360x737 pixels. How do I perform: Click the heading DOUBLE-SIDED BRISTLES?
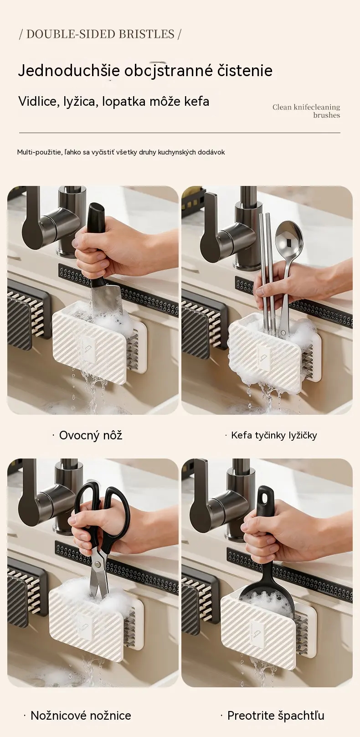tap(100, 34)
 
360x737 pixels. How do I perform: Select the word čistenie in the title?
tap(245, 71)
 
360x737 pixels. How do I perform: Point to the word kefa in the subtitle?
tap(197, 101)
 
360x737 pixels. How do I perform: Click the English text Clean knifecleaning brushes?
tap(306, 111)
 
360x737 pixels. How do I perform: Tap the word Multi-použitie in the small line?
tap(39, 152)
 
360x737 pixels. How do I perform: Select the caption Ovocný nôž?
tap(91, 435)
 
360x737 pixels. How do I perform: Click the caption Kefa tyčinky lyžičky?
tap(274, 435)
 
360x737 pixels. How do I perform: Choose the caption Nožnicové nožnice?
tap(81, 715)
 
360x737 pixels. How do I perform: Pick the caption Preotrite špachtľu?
tap(276, 715)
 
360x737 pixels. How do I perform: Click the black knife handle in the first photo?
tap(97, 242)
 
